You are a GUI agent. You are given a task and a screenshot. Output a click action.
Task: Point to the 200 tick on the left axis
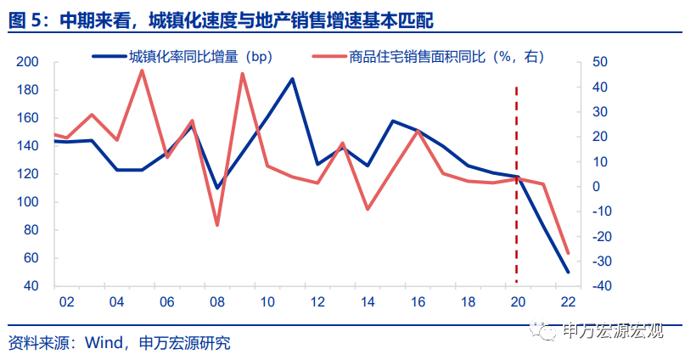pyautogui.click(x=28, y=63)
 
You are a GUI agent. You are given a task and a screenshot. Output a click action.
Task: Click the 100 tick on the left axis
pyautogui.click(x=28, y=202)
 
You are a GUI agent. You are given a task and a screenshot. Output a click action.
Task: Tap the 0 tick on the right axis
pyautogui.click(x=595, y=187)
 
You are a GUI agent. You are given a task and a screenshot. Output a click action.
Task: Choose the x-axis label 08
pyautogui.click(x=216, y=302)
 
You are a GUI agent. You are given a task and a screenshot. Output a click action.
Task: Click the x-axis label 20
pyautogui.click(x=517, y=302)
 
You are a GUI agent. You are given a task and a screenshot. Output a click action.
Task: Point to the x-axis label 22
pyautogui.click(x=567, y=302)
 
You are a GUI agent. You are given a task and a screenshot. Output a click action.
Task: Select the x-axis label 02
pyautogui.click(x=65, y=302)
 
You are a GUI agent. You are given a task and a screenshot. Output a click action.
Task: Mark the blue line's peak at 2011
pyautogui.click(x=292, y=79)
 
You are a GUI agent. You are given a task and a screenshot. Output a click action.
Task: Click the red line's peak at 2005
pyautogui.click(x=141, y=70)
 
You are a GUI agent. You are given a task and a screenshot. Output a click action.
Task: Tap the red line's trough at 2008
pyautogui.click(x=216, y=225)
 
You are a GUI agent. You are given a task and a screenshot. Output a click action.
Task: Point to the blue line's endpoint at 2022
pyautogui.click(x=567, y=272)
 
